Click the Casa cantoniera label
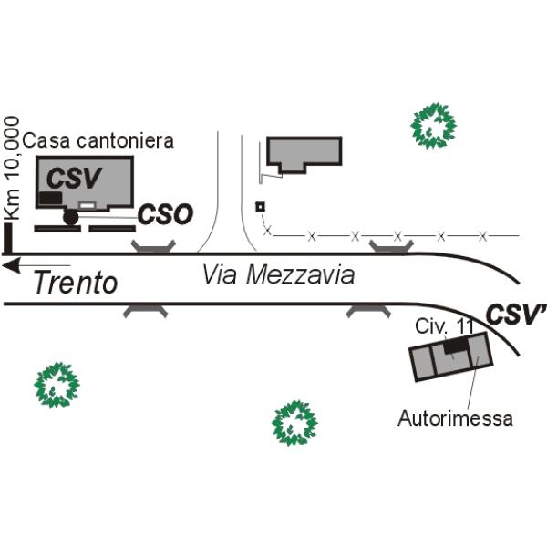98,140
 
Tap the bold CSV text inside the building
75,178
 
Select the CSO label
165,214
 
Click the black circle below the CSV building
70,217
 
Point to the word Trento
76,283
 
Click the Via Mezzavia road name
278,275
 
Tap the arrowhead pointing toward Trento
10,266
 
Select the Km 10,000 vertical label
12,168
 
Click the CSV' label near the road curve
516,314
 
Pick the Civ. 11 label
444,327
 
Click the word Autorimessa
455,418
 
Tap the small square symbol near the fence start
260,207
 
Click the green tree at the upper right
434,126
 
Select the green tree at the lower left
57,385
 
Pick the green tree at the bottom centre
294,423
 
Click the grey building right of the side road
304,154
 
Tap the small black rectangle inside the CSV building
50,198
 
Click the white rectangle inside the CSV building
88,205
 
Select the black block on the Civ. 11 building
455,346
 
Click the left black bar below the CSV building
57,229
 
